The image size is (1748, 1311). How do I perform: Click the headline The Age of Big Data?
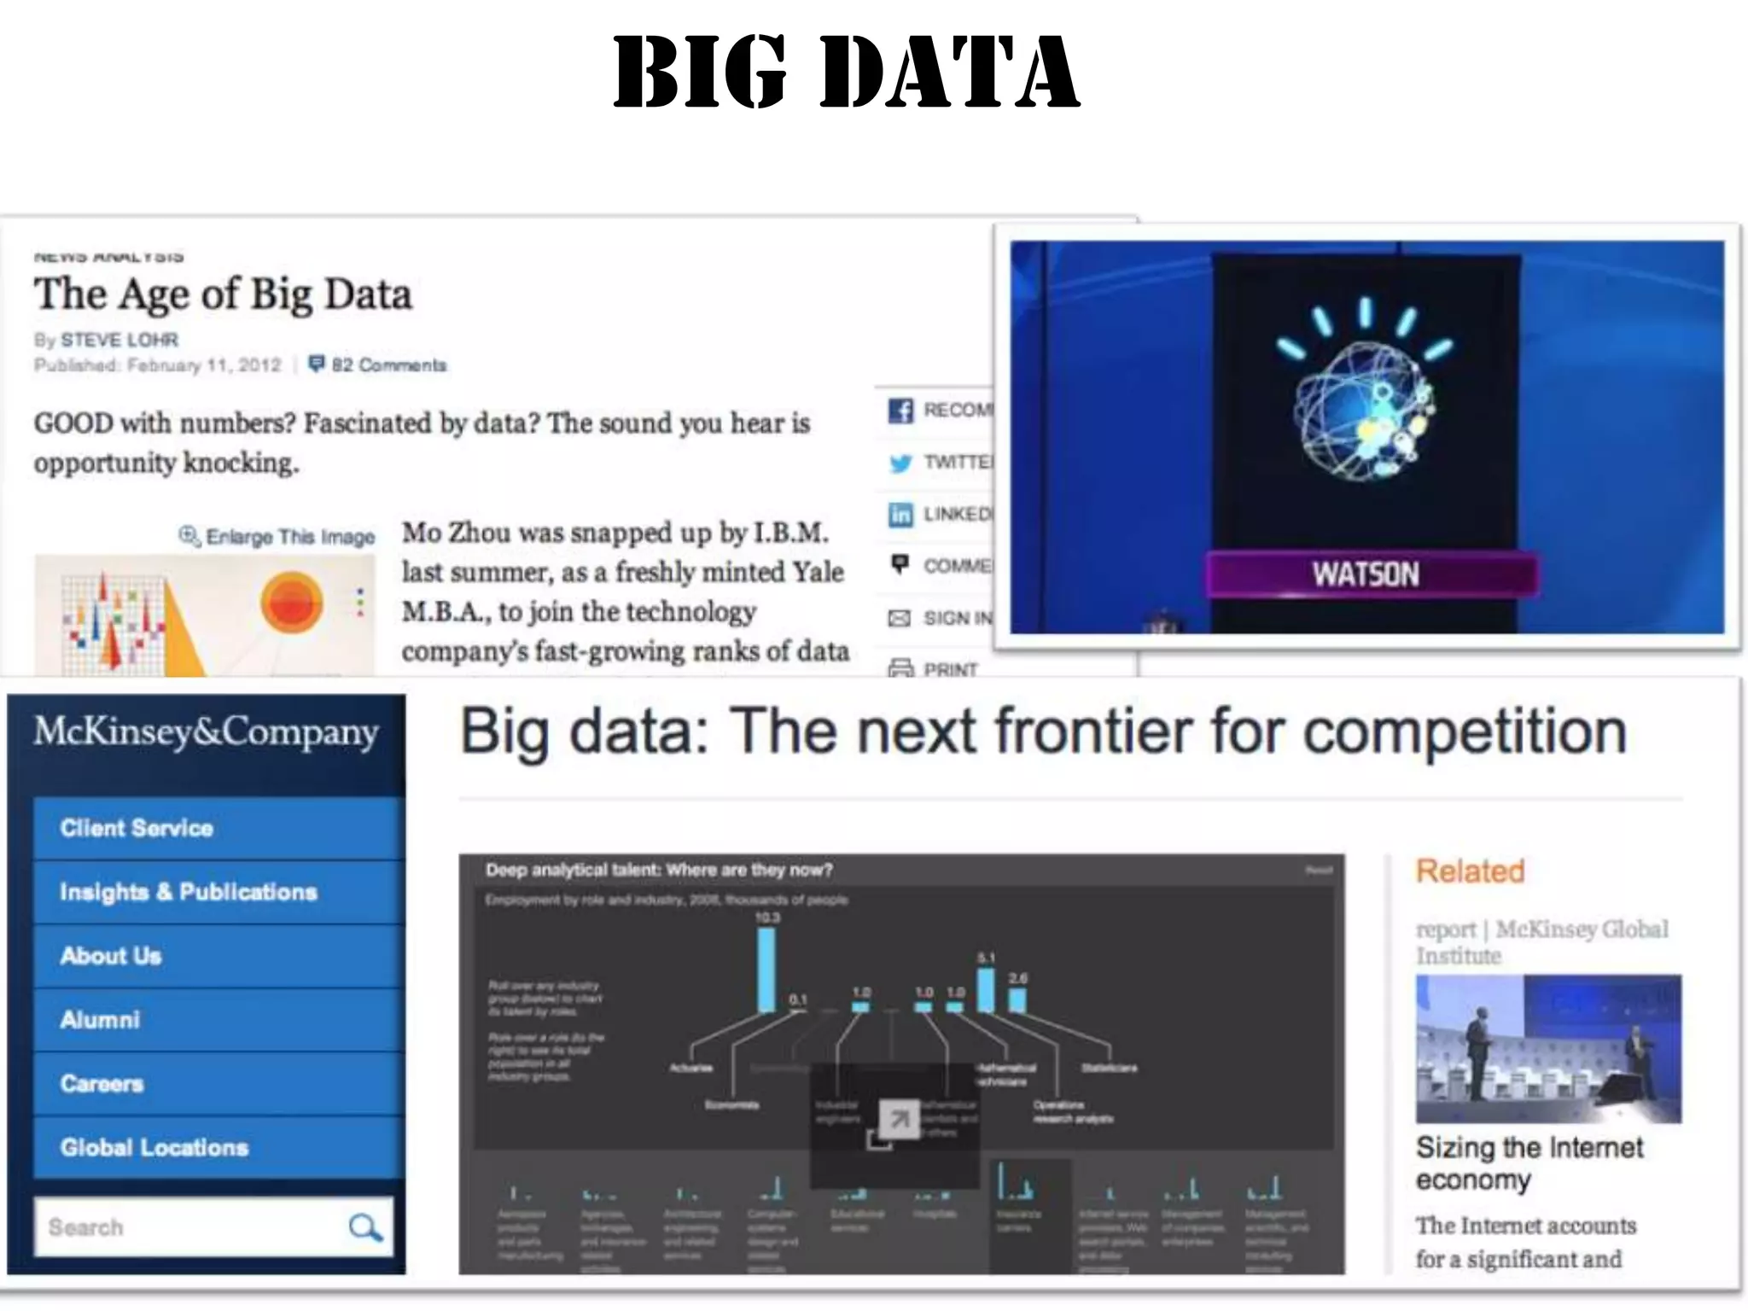pyautogui.click(x=223, y=294)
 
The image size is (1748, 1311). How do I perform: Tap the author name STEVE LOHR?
pyautogui.click(x=119, y=340)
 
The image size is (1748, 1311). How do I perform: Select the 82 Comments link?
pyautogui.click(x=378, y=365)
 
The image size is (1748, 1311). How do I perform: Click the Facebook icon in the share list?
pyautogui.click(x=900, y=411)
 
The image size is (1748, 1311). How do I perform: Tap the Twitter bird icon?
pyautogui.click(x=900, y=463)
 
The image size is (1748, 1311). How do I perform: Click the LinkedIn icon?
pyautogui.click(x=900, y=515)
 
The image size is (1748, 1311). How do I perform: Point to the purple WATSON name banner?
pyautogui.click(x=1371, y=574)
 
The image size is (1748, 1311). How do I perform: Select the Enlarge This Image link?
pyautogui.click(x=278, y=537)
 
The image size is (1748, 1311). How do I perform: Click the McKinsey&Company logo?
pyautogui.click(x=207, y=732)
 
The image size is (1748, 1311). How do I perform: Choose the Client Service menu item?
pyautogui.click(x=137, y=828)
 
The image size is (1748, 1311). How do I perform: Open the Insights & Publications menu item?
pyautogui.click(x=189, y=892)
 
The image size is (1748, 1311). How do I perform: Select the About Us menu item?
pyautogui.click(x=111, y=956)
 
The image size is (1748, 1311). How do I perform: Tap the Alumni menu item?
pyautogui.click(x=100, y=1020)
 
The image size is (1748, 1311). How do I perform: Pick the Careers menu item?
pyautogui.click(x=102, y=1084)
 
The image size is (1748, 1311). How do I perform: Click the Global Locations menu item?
pyautogui.click(x=154, y=1148)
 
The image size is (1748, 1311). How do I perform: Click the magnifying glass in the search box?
pyautogui.click(x=365, y=1227)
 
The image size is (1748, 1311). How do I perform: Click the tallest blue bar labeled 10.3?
pyautogui.click(x=766, y=970)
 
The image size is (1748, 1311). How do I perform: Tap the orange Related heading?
pyautogui.click(x=1470, y=871)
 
